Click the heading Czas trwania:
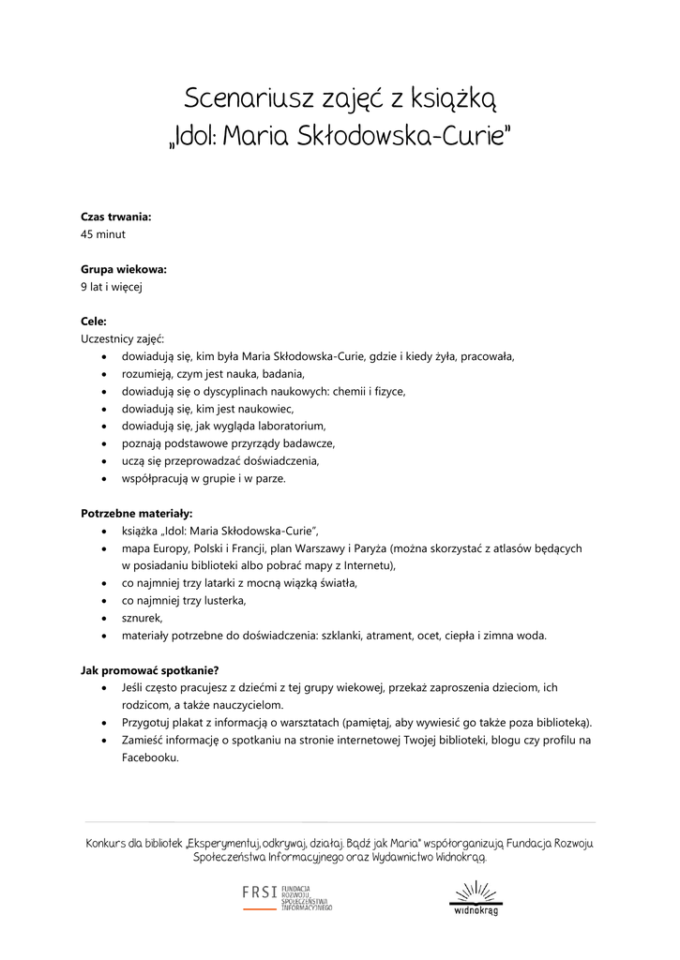(116, 217)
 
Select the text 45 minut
(103, 234)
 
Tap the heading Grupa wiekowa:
(124, 269)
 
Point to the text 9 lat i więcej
(112, 287)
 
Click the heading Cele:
(94, 322)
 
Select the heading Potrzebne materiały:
(137, 514)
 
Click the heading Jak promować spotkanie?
(150, 670)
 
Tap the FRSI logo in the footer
(287, 896)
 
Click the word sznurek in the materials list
(142, 618)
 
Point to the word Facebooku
(149, 757)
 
